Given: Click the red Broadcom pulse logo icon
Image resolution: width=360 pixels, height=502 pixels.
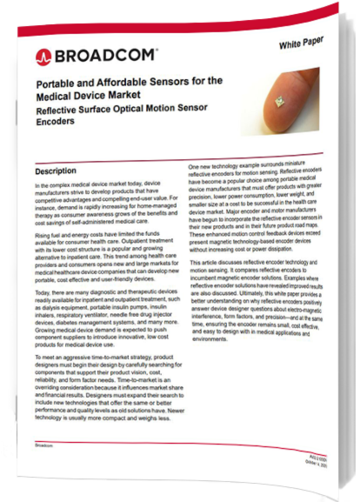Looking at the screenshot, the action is pos(41,57).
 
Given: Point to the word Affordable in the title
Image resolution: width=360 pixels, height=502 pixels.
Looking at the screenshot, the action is pos(114,83).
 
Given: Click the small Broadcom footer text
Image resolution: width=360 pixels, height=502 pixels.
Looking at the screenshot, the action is pos(43,444).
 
